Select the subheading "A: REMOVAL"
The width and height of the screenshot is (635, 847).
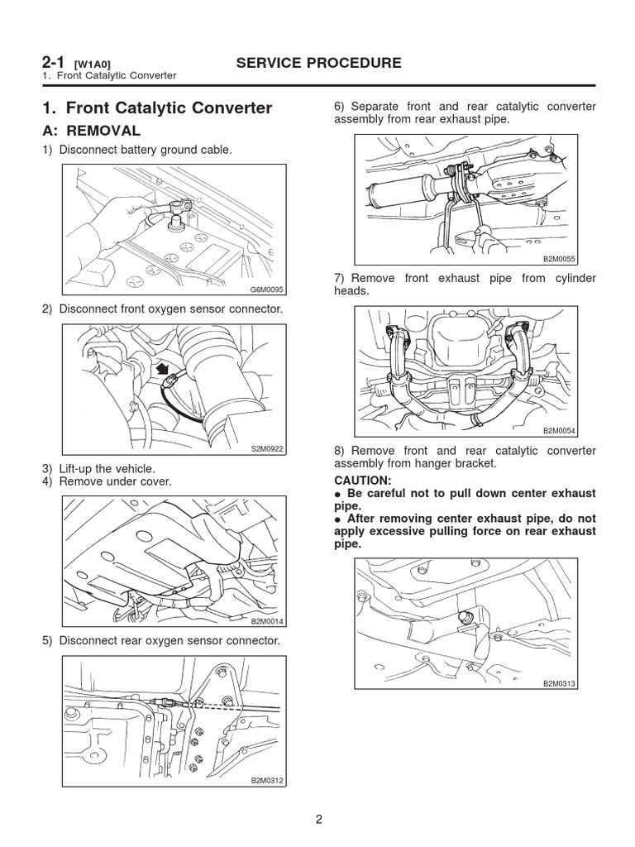(x=91, y=131)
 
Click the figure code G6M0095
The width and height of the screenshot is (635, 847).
(x=266, y=290)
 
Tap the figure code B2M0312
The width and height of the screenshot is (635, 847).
(x=266, y=780)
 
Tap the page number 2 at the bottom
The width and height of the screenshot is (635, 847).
(x=317, y=820)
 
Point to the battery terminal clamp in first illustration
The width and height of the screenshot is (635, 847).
(x=179, y=207)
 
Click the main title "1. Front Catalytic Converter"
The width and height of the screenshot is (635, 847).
(x=156, y=108)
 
